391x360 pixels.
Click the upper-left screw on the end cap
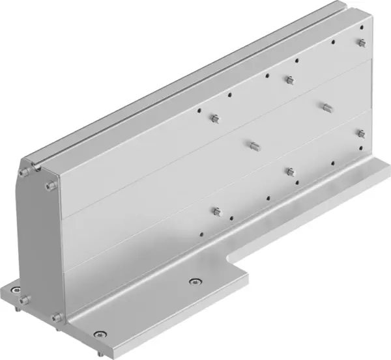(24, 171)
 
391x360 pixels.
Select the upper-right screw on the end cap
(50, 186)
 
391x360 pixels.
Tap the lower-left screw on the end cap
(23, 300)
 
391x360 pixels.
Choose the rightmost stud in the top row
(360, 43)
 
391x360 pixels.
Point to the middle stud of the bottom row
(289, 171)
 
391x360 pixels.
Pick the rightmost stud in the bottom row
(360, 133)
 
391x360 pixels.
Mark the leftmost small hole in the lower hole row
(201, 230)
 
